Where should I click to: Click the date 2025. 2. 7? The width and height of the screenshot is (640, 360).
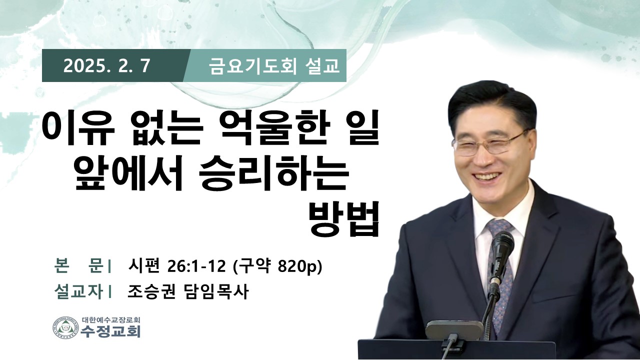(x=106, y=66)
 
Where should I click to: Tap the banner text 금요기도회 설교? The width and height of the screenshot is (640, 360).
(x=274, y=66)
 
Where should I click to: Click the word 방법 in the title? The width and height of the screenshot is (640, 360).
(x=344, y=219)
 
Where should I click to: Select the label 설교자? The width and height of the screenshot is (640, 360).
(x=78, y=291)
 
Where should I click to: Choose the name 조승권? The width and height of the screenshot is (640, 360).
(x=151, y=291)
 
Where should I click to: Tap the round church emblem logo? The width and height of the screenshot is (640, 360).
(x=65, y=327)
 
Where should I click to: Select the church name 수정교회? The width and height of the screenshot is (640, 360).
(x=110, y=331)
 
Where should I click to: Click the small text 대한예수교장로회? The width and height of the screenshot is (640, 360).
(x=110, y=319)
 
